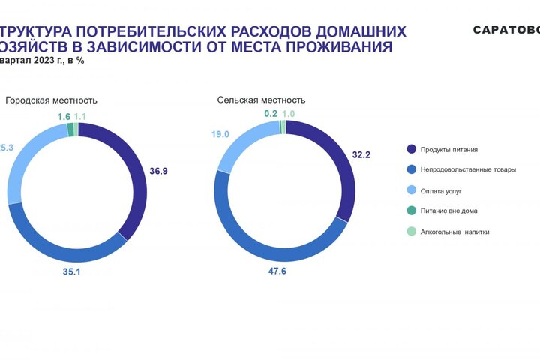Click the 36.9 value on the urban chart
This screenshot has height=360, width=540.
158,172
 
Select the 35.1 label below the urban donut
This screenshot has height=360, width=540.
71,271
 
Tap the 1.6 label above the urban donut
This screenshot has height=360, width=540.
64,117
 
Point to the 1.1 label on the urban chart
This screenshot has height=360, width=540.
80,117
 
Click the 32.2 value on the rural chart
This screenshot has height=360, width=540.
361,155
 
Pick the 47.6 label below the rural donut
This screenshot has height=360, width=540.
279,271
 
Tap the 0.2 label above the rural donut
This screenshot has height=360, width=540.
271,113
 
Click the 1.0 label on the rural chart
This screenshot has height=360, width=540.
289,113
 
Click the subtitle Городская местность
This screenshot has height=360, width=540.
52,100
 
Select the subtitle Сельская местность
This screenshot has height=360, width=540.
261,100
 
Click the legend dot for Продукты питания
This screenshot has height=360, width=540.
411,149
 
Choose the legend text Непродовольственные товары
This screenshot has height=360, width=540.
468,169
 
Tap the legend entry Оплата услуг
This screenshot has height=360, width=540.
440,190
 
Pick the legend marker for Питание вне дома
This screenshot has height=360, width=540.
411,211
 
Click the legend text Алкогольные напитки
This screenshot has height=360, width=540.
454,232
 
